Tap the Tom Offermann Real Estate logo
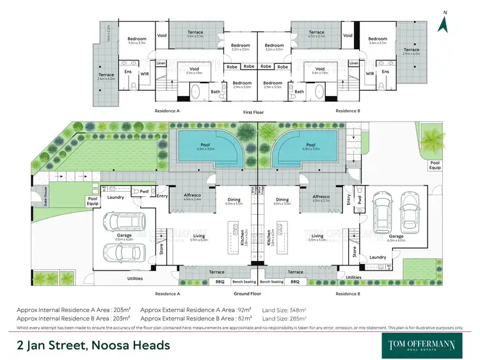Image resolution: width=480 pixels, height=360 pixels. [422, 345]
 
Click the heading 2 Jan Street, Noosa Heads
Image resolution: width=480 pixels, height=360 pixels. [93, 345]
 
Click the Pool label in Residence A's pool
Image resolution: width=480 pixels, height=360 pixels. [205, 145]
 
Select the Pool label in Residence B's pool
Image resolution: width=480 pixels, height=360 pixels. [311, 145]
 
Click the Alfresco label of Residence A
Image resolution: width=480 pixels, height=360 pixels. [193, 197]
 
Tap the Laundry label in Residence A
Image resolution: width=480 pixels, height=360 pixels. [116, 197]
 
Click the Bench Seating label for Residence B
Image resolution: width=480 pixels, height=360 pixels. [272, 281]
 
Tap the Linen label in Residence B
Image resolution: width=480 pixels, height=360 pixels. [353, 63]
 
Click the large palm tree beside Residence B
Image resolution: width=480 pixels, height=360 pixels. [433, 138]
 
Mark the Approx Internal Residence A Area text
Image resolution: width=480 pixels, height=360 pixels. [74, 309]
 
